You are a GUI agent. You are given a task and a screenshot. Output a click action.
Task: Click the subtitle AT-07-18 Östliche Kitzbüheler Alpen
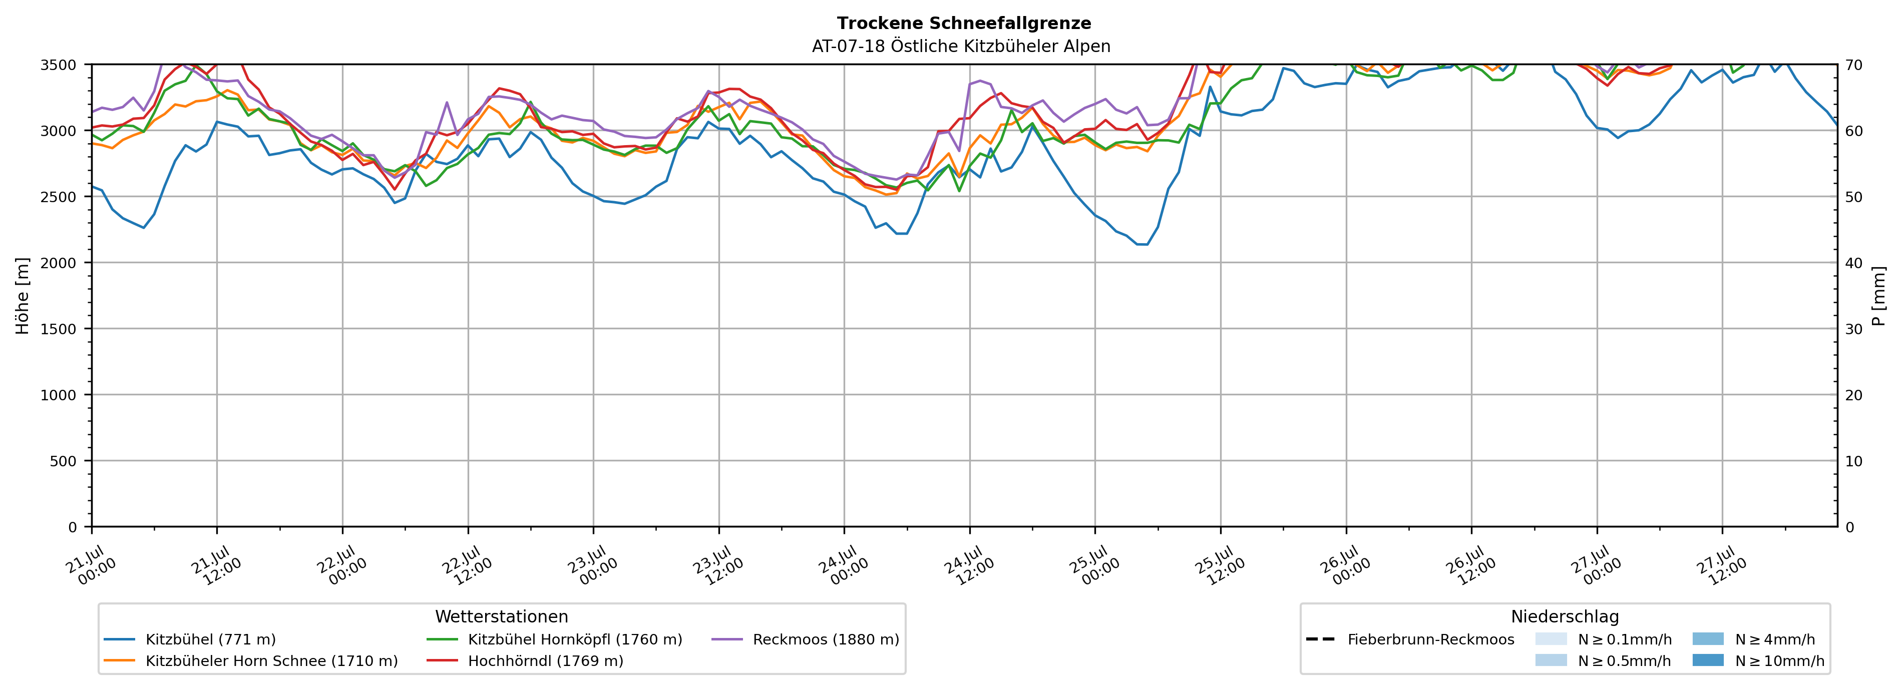point(961,47)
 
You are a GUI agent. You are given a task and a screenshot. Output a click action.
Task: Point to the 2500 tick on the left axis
point(58,197)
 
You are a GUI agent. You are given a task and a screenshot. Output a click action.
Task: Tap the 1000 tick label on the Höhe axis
point(58,395)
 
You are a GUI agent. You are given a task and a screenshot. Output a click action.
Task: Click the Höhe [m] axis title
point(23,295)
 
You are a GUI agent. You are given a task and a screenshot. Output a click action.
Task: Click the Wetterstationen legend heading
point(502,616)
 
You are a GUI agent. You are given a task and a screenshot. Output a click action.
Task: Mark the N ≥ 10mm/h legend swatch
point(1707,660)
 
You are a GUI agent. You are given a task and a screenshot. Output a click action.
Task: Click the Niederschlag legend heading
point(1565,616)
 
